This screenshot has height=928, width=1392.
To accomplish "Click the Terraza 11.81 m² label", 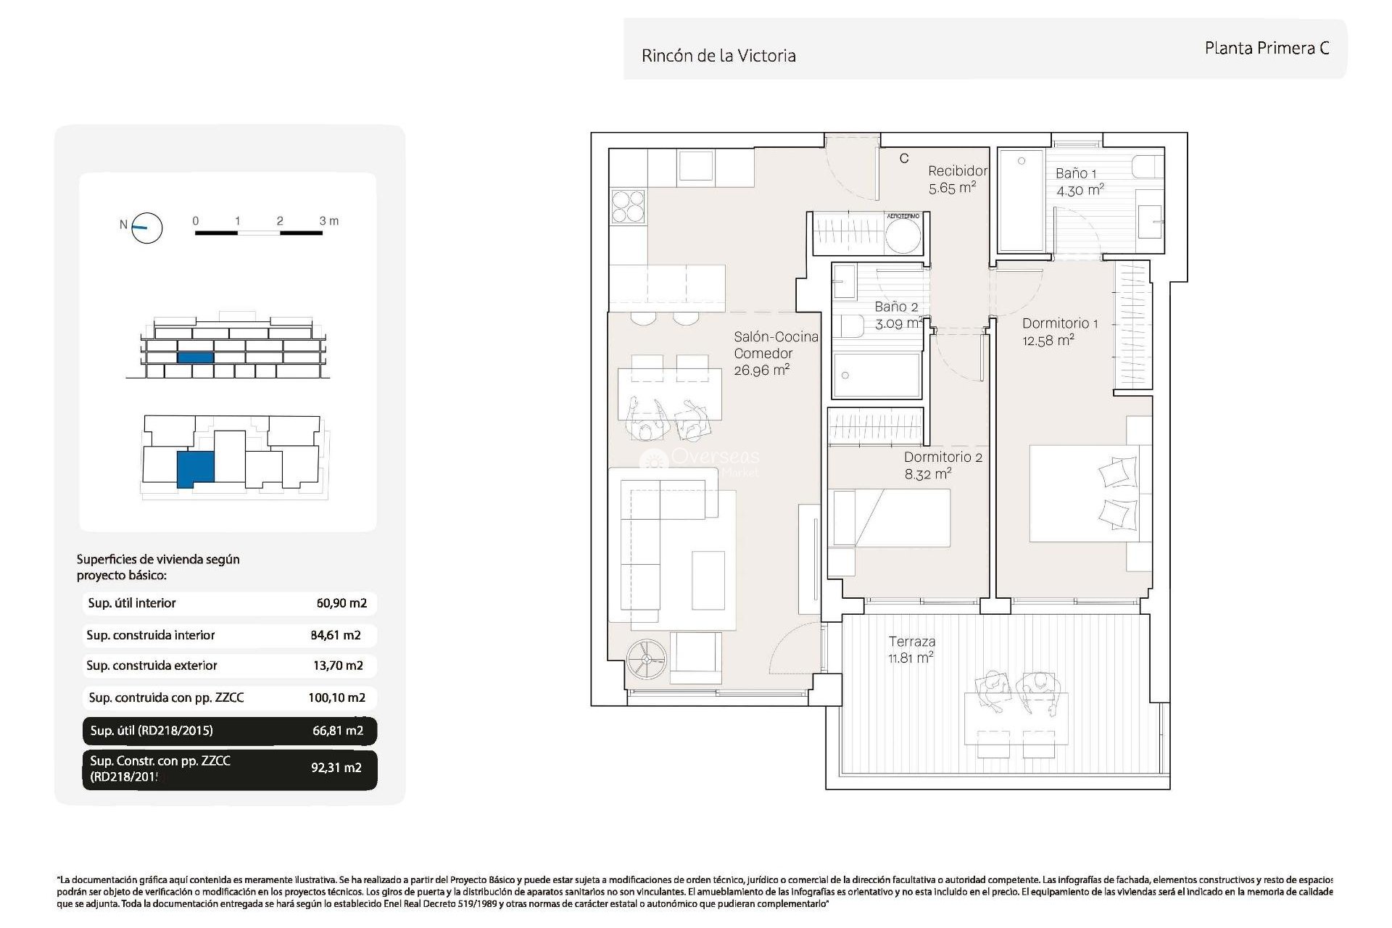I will coord(911,650).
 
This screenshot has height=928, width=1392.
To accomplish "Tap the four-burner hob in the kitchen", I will coord(628,205).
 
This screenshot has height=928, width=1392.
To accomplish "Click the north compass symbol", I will coord(146,228).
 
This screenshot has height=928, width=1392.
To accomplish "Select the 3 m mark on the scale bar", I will coord(328,220).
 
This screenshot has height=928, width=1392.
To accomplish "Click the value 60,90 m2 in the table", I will coord(341,603).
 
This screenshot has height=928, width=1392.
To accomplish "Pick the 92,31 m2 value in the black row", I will coord(336,768).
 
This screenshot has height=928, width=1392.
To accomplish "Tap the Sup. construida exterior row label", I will coord(152,666).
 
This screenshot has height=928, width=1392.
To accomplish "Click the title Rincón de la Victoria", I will coord(718,56).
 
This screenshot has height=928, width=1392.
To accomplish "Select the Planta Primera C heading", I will coord(1267,49).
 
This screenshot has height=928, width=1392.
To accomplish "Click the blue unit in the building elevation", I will coord(195,357).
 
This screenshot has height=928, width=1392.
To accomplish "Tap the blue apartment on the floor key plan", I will coord(195,468).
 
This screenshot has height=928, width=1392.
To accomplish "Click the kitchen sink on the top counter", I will coord(695,166).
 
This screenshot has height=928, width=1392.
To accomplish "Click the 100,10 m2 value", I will coord(336,698).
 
